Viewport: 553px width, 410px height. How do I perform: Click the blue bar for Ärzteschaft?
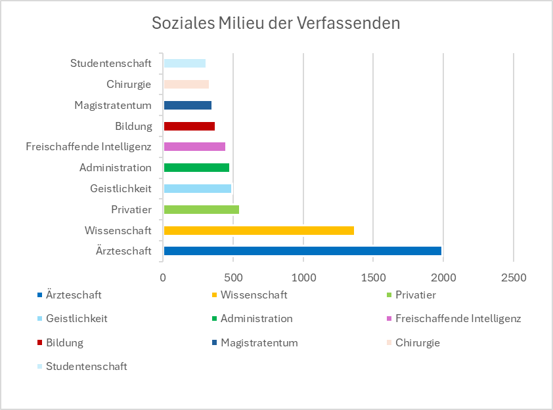pos(302,251)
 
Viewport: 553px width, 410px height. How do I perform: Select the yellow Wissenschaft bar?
pos(259,230)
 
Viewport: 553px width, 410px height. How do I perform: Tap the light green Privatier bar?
pos(201,209)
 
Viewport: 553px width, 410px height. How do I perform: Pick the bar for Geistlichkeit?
pos(197,188)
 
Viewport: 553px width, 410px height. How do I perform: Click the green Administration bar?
pos(196,167)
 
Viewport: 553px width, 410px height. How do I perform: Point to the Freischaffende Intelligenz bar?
pos(194,146)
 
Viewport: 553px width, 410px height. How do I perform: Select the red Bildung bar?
pos(189,126)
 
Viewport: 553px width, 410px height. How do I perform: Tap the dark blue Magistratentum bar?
pos(187,105)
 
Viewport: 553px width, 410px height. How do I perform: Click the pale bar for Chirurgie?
pos(186,84)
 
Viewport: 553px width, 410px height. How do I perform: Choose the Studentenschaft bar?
pos(185,63)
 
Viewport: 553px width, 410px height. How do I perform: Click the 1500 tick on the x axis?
pos(373,277)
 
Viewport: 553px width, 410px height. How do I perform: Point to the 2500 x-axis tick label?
pos(513,277)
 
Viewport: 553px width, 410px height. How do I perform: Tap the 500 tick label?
pos(233,277)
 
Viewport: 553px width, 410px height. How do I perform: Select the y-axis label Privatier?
pos(131,209)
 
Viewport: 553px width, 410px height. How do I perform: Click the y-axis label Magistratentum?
pos(113,105)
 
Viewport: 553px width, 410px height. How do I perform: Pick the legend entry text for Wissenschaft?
pos(254,295)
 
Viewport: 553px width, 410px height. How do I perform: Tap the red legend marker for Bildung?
pos(40,342)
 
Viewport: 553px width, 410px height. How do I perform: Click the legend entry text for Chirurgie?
pos(417,342)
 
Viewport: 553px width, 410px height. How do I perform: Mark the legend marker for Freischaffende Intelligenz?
pos(389,319)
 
